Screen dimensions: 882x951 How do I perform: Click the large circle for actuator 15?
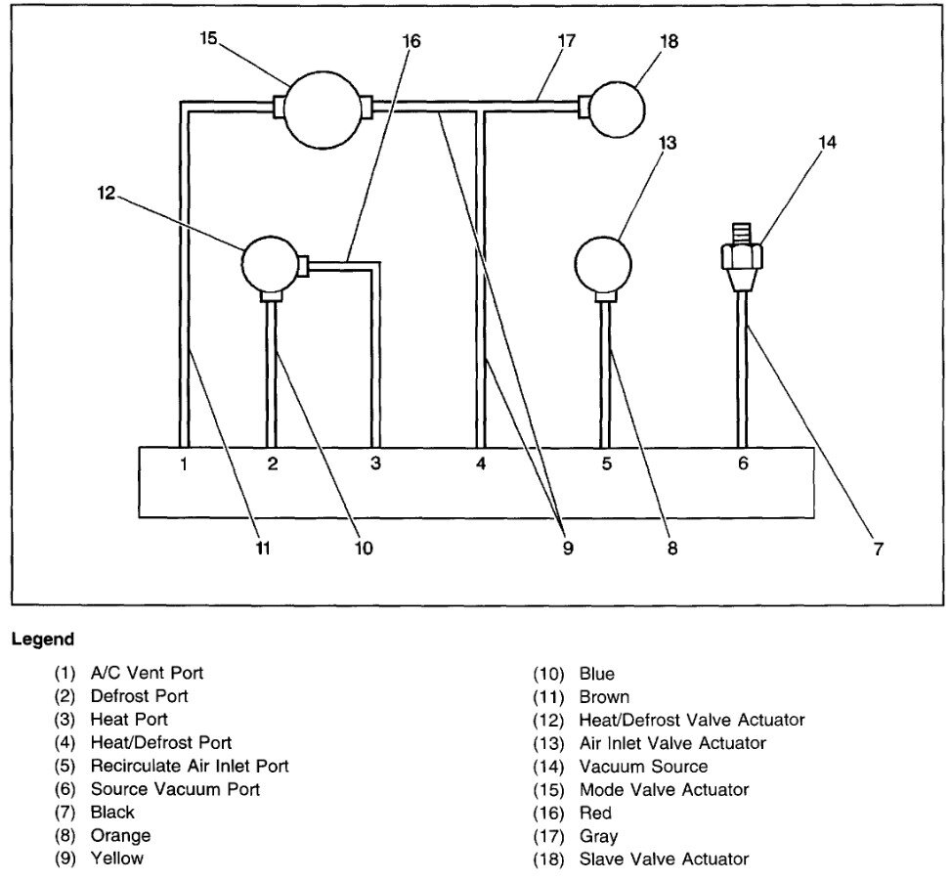322,108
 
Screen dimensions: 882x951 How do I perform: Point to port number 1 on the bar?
183,463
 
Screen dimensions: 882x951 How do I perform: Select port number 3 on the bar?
374,463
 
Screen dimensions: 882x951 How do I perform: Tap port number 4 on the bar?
480,463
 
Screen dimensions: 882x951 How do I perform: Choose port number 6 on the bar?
743,463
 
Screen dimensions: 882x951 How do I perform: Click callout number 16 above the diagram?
411,41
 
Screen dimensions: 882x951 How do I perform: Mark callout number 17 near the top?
568,41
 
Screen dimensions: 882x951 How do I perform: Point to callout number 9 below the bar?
568,549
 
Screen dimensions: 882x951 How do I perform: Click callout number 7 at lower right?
878,550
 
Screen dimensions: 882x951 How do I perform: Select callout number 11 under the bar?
262,549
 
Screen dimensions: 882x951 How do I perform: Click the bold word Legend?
43,640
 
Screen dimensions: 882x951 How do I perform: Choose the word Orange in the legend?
120,835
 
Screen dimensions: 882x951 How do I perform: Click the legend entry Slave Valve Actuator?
664,859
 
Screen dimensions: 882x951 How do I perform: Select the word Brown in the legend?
604,697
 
